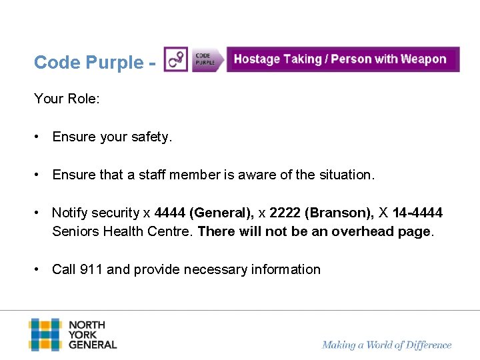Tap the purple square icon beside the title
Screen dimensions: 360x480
click(176, 60)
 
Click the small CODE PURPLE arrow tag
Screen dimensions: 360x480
click(206, 60)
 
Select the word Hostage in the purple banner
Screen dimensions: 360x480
click(257, 59)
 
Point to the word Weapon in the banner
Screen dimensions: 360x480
click(424, 59)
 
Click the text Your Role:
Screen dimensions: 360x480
click(67, 99)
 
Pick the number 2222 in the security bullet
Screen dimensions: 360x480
click(285, 213)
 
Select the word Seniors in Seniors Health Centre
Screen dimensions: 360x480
click(75, 232)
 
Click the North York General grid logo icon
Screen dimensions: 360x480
click(45, 335)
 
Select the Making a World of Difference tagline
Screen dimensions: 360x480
click(387, 345)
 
